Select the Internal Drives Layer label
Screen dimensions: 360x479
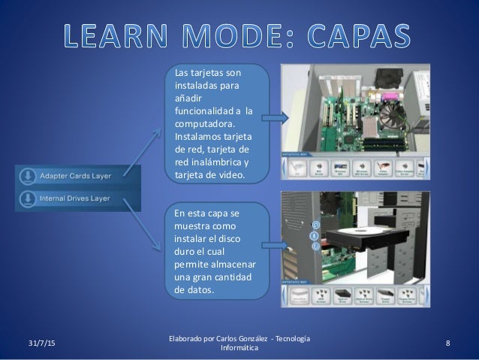click(x=76, y=199)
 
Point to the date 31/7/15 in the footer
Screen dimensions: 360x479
click(x=32, y=343)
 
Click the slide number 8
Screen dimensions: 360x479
click(x=447, y=343)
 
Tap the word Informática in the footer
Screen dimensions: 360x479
click(x=238, y=349)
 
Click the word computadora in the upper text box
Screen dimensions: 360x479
click(x=203, y=124)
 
